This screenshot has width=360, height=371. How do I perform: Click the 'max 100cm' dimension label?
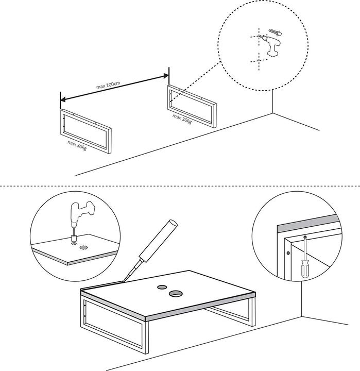tap(108, 85)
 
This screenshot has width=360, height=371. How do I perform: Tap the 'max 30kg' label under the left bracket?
tap(77, 145)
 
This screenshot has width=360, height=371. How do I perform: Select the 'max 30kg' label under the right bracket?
tap(182, 119)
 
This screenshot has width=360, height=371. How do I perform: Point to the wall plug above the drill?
tap(276, 32)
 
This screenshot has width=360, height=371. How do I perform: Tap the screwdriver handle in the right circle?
tap(304, 268)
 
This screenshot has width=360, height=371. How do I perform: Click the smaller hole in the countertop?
tap(162, 287)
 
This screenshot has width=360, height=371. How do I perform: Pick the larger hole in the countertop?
tap(175, 293)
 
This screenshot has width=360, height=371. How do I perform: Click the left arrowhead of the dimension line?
tap(63, 99)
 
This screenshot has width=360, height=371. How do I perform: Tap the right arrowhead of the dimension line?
tap(166, 76)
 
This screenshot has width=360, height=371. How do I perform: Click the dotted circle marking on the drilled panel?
tap(83, 247)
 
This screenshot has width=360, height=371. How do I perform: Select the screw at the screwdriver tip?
tap(305, 237)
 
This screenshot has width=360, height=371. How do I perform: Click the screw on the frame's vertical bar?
tap(288, 253)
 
